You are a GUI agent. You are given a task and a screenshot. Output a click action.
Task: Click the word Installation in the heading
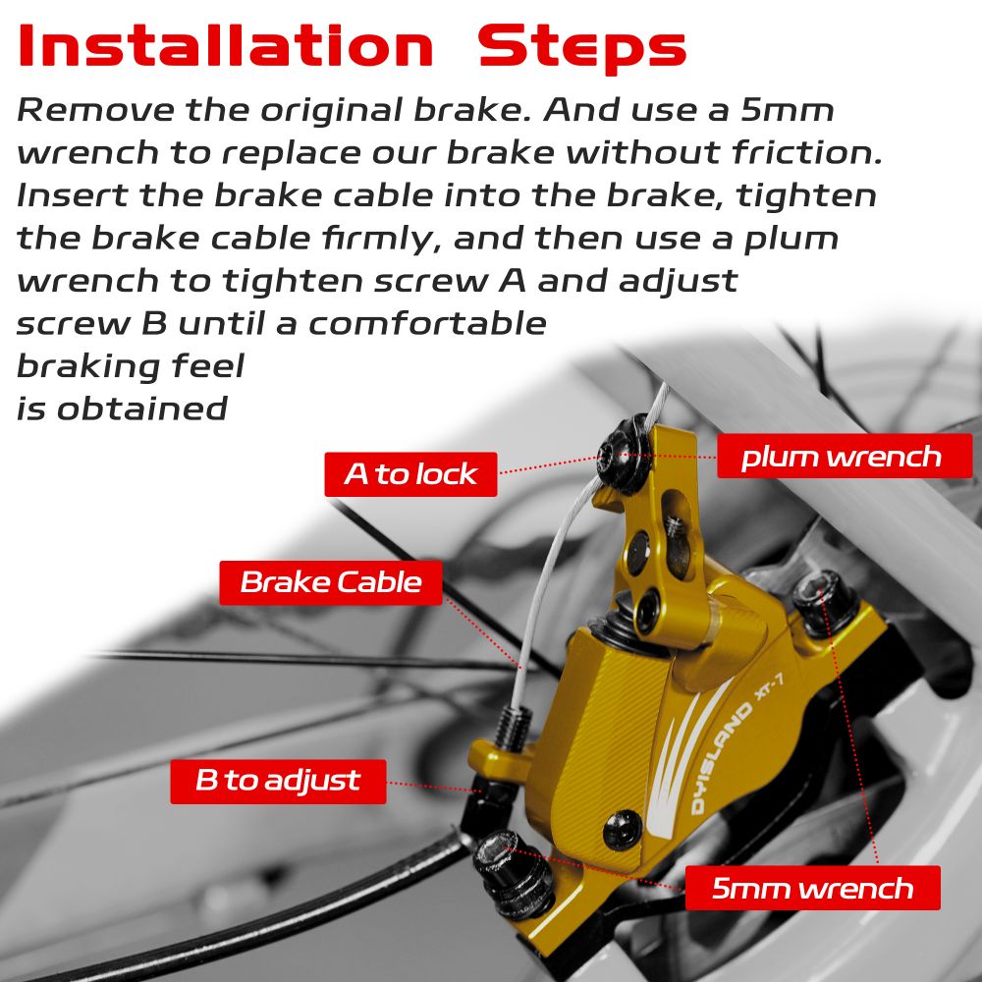pyautogui.click(x=226, y=46)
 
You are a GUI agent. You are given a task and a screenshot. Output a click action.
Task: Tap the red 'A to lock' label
pyautogui.click(x=410, y=474)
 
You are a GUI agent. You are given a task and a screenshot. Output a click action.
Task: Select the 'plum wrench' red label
pyautogui.click(x=845, y=457)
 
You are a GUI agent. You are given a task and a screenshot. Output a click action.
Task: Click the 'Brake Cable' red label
pyautogui.click(x=331, y=582)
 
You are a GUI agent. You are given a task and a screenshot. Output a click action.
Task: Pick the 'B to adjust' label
pyautogui.click(x=278, y=781)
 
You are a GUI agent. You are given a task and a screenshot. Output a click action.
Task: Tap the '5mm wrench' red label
pyautogui.click(x=813, y=888)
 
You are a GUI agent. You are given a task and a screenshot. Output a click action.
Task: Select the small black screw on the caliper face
pyautogui.click(x=623, y=830)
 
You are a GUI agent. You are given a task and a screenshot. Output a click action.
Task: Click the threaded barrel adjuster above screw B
pyautogui.click(x=515, y=727)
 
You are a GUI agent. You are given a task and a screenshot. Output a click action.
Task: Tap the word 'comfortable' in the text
pyautogui.click(x=428, y=324)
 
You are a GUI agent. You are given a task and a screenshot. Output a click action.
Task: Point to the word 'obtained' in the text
pyautogui.click(x=142, y=409)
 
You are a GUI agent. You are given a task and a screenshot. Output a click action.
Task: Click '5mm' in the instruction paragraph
pyautogui.click(x=788, y=110)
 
